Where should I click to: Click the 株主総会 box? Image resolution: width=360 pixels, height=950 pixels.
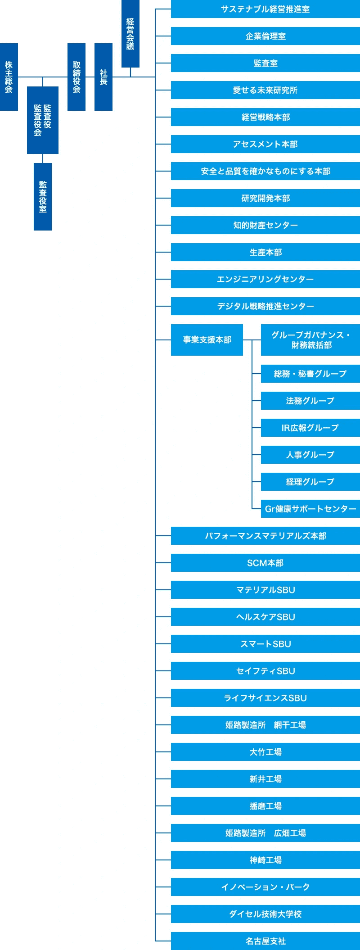(9, 77)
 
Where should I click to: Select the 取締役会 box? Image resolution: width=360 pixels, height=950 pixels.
(76, 77)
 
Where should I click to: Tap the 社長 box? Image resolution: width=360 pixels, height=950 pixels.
(103, 77)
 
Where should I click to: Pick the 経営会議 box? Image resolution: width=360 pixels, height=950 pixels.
(130, 34)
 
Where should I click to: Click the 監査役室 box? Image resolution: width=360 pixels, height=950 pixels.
(43, 197)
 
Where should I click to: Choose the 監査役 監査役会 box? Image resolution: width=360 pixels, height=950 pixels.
(43, 120)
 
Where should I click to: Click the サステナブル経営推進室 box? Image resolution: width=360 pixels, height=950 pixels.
(265, 9)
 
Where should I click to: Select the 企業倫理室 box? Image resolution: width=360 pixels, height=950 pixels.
(265, 36)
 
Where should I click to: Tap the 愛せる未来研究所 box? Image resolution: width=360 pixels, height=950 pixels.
(265, 90)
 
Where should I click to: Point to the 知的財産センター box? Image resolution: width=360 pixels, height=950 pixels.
(265, 225)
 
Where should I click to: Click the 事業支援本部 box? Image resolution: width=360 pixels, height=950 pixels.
(207, 340)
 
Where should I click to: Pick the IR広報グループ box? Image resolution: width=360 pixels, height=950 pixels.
(310, 428)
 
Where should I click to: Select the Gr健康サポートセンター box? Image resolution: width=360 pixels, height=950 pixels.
(310, 509)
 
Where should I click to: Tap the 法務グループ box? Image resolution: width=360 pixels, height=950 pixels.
(310, 401)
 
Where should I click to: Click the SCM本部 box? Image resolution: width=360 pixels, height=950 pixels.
(265, 563)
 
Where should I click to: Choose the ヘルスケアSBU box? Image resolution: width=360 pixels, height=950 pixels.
(265, 617)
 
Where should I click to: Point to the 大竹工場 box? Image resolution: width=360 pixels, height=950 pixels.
(265, 752)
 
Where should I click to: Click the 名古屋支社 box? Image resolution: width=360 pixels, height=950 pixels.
(265, 941)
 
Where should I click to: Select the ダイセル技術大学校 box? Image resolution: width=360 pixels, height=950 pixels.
(265, 914)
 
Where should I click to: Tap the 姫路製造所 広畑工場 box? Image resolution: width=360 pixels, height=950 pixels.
(265, 833)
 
